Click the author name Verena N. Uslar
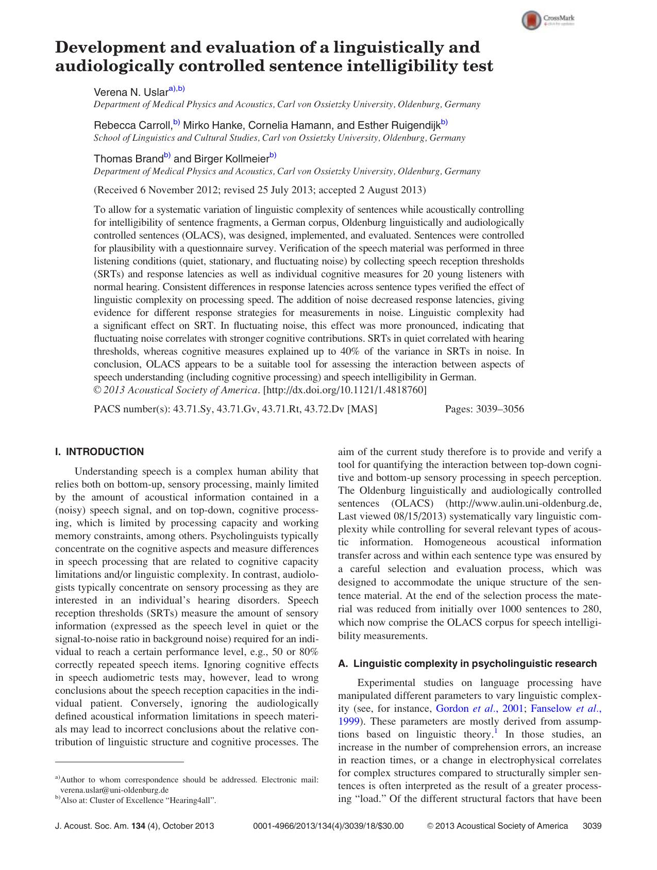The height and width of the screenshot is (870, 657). [x=131, y=93]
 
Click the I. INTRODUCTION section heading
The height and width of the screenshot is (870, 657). [x=99, y=452]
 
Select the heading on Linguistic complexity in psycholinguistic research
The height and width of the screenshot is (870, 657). [x=467, y=663]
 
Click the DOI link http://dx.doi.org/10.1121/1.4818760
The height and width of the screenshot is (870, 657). [x=345, y=390]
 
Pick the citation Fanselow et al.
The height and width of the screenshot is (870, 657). [x=566, y=709]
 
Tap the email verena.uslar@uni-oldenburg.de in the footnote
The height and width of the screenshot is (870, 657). [x=114, y=790]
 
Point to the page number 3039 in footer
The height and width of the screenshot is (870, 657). [x=592, y=826]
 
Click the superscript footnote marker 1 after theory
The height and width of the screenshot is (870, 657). [x=495, y=731]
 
